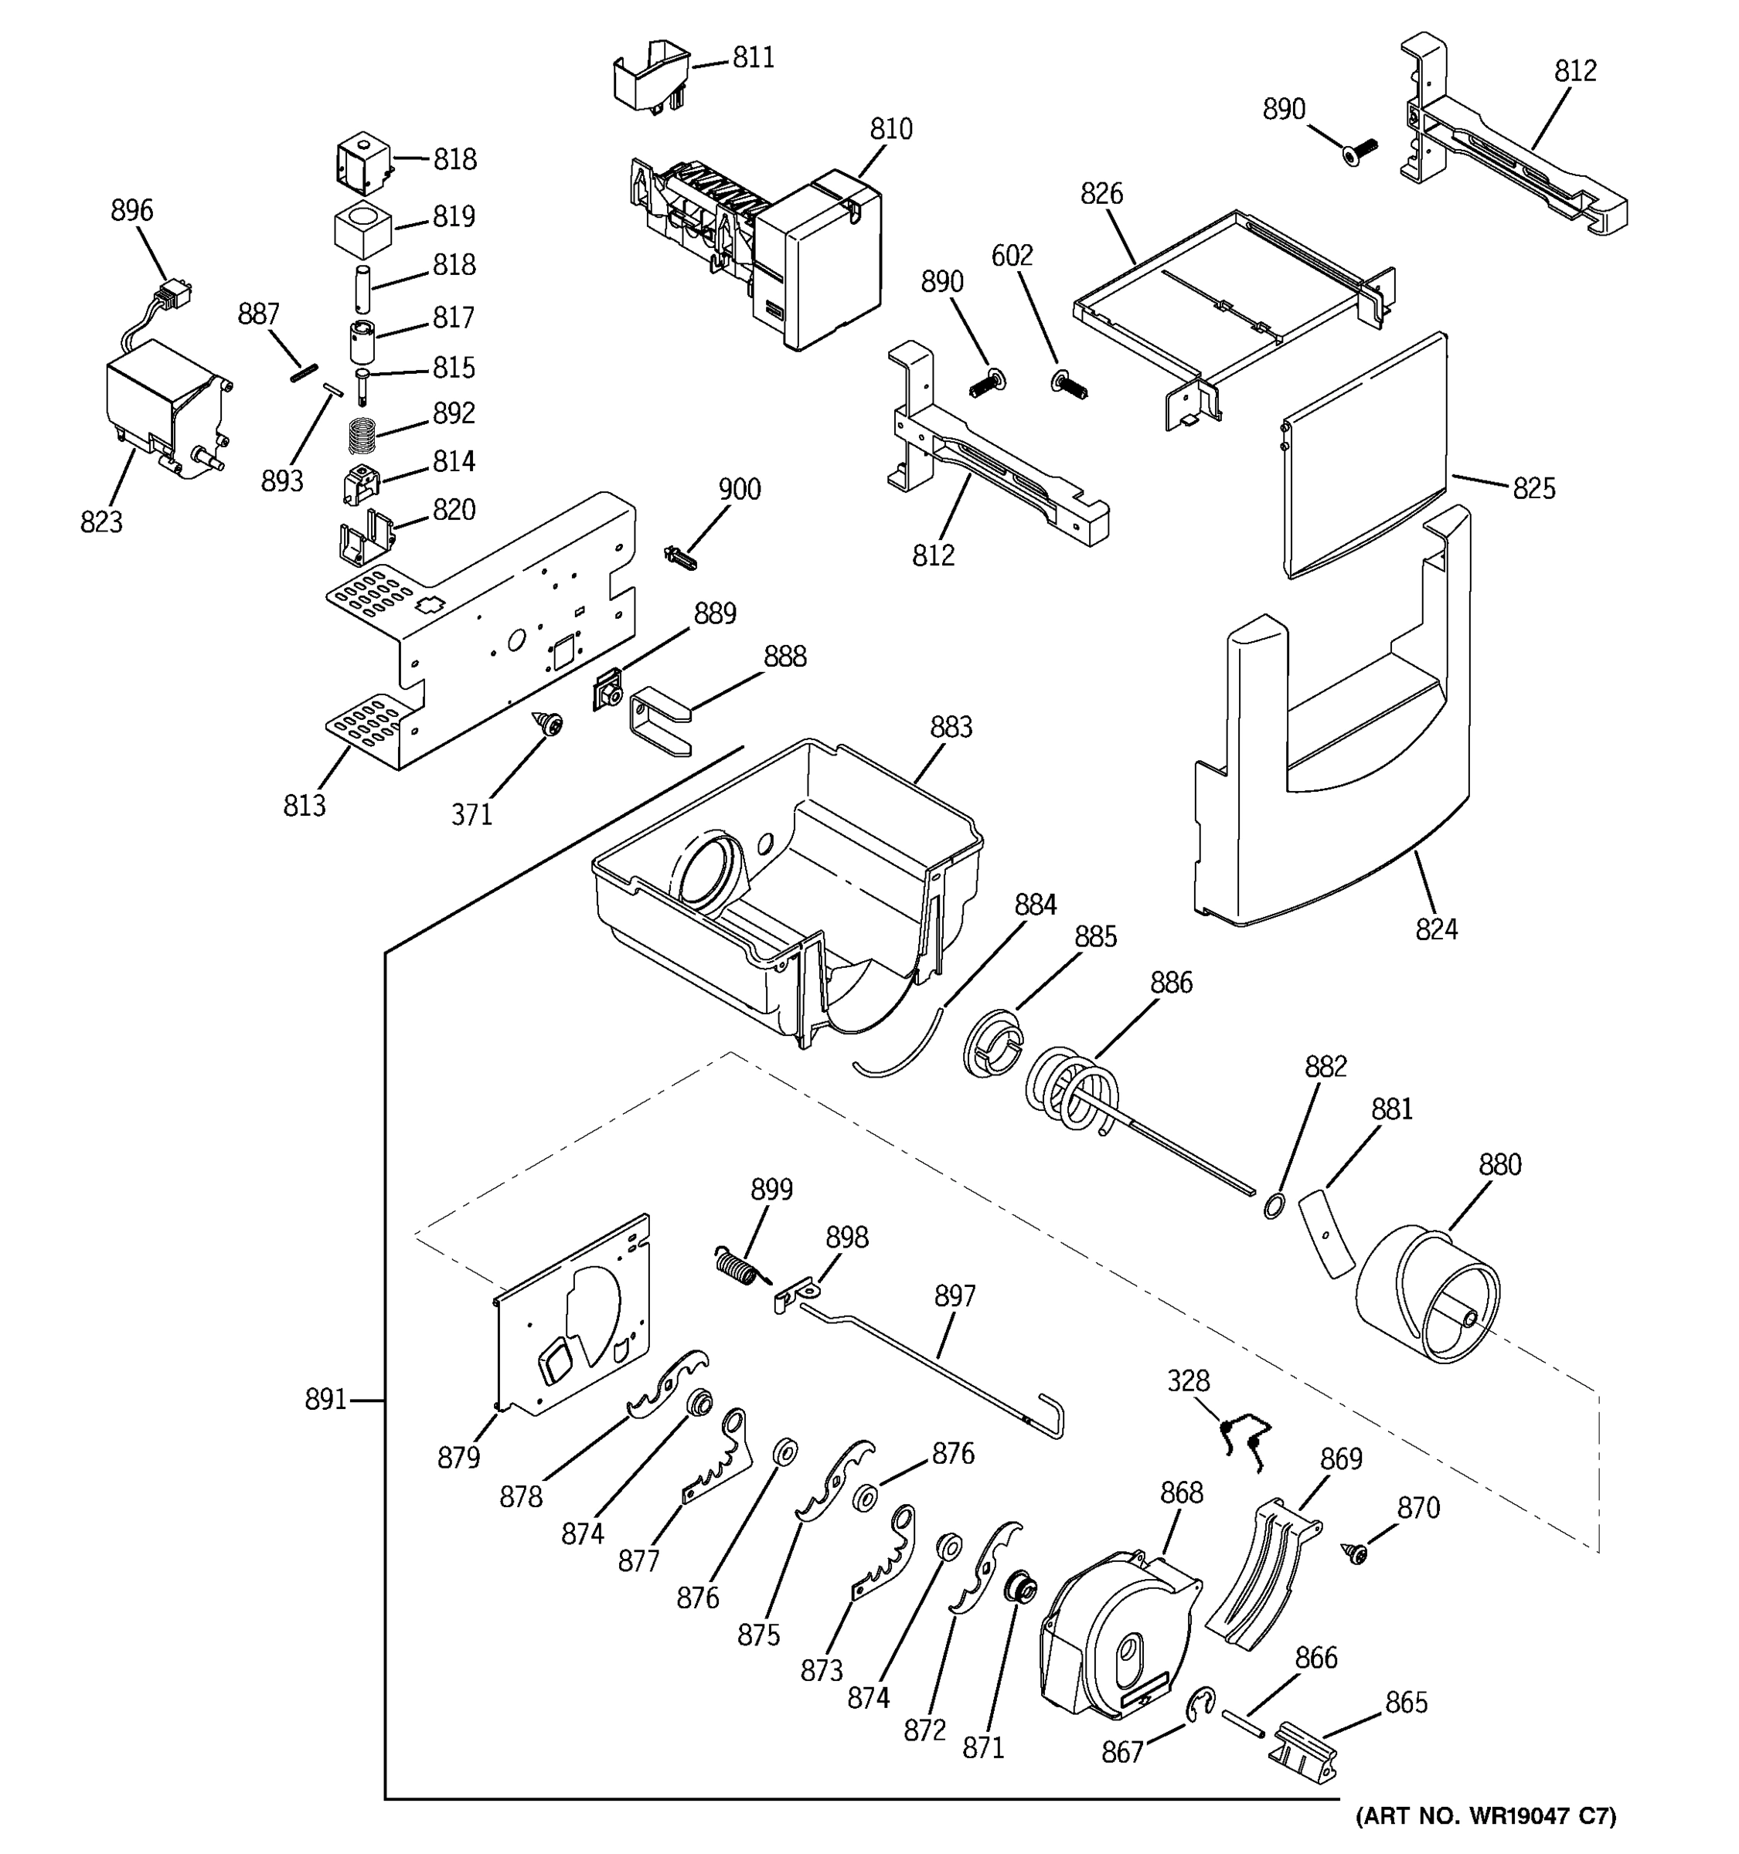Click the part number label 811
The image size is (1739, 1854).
pyautogui.click(x=753, y=58)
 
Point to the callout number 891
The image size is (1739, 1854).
pyautogui.click(x=325, y=1400)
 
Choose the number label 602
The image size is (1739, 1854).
pyautogui.click(x=1012, y=256)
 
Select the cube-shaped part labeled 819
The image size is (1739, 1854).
pyautogui.click(x=362, y=229)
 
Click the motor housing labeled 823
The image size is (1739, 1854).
pyautogui.click(x=163, y=406)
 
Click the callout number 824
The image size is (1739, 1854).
pyautogui.click(x=1436, y=929)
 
